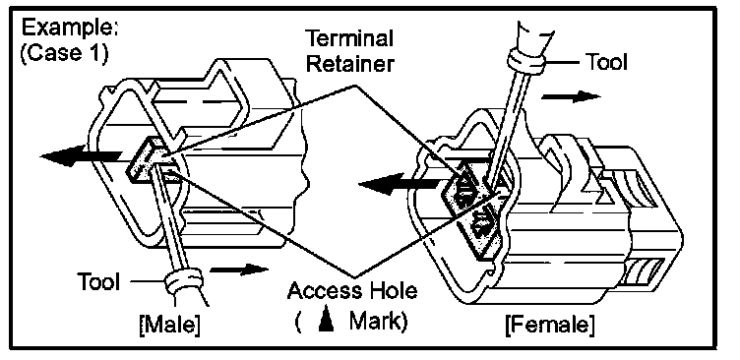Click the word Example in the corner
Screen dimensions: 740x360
tap(69, 29)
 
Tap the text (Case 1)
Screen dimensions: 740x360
tap(64, 53)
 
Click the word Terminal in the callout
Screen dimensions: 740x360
tap(349, 38)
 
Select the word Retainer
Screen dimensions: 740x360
tap(349, 64)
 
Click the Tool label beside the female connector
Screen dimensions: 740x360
tap(606, 61)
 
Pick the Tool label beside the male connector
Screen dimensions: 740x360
tap(99, 281)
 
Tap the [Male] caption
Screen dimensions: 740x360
tap(170, 326)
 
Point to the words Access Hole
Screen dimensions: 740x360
tap(352, 290)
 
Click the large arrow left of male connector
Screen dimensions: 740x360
tap(81, 155)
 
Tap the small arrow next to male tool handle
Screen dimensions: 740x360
tap(239, 270)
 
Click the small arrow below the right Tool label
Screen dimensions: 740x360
tap(571, 97)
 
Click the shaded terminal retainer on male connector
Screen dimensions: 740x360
tap(145, 159)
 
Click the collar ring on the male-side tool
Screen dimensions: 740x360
tap(184, 284)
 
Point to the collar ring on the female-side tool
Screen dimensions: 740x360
tap(526, 60)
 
